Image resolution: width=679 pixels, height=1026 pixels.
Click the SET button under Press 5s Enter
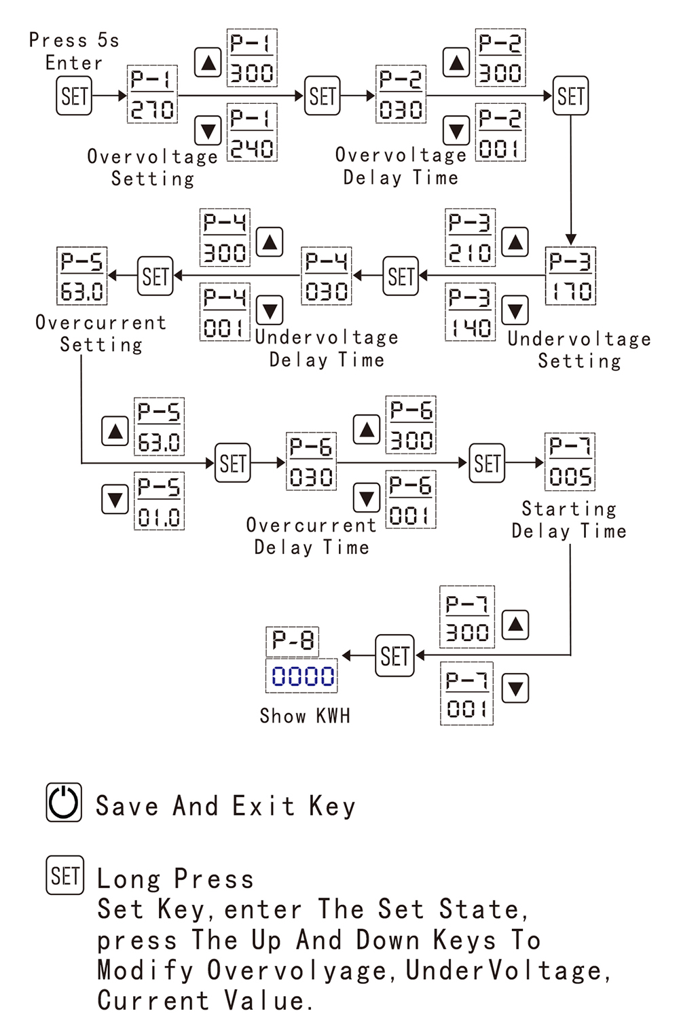74,96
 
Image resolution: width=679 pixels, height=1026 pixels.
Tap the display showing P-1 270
152,94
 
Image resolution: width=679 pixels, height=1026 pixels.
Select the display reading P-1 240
252,133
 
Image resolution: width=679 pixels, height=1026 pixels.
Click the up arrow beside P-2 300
456,63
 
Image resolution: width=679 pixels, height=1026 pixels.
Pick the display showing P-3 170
570,276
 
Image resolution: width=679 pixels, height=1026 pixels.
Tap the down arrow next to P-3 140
515,310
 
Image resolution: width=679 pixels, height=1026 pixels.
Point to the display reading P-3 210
470,238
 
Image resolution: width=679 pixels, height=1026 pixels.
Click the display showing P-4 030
327,276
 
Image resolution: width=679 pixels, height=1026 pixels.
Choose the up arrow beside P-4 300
270,242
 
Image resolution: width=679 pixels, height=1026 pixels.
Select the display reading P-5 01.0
159,502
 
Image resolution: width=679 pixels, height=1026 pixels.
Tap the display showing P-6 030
311,462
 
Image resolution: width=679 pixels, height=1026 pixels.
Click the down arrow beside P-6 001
367,498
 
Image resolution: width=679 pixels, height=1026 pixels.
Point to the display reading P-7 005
570,462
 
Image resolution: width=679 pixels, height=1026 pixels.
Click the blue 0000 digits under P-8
302,676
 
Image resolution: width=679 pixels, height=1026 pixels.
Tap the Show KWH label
305,716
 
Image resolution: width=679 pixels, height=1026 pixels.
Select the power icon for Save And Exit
64,803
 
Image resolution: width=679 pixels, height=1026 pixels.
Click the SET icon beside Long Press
65,875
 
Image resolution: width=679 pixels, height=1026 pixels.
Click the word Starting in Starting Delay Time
569,509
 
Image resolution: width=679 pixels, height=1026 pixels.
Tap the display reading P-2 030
401,94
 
